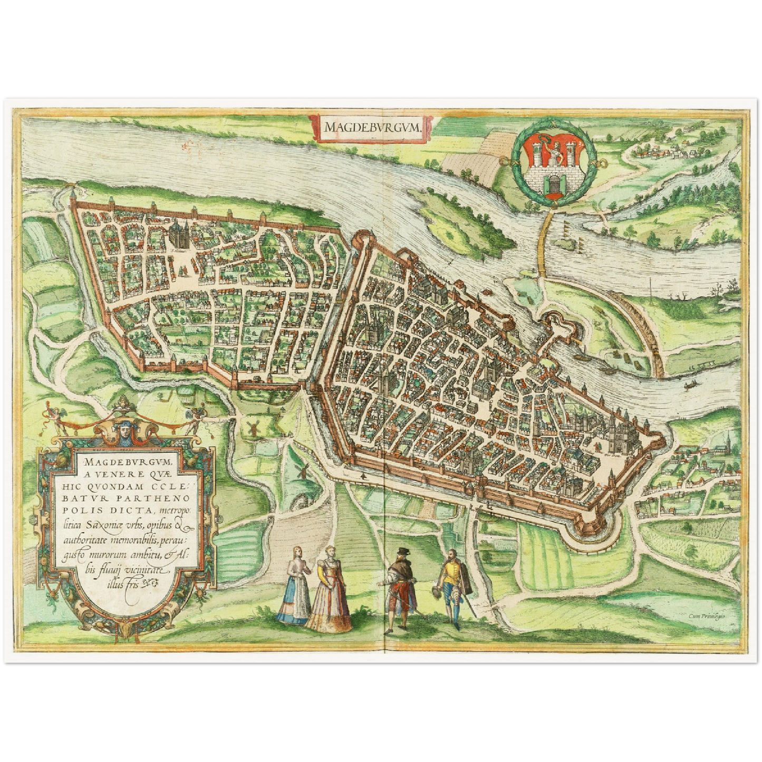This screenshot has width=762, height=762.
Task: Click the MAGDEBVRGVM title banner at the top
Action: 371,127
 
